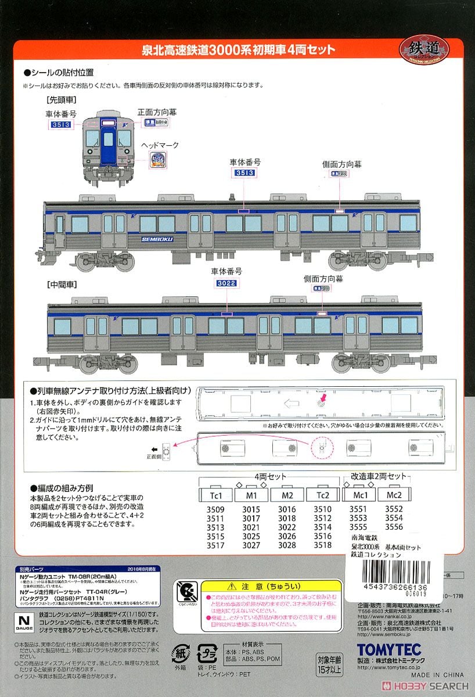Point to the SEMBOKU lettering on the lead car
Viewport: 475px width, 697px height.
(x=157, y=239)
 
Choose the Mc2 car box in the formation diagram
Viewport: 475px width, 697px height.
(x=394, y=495)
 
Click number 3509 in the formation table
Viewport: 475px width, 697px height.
(x=214, y=509)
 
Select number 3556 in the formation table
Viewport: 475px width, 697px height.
(x=394, y=527)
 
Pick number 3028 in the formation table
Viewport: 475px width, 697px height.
(x=287, y=545)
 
